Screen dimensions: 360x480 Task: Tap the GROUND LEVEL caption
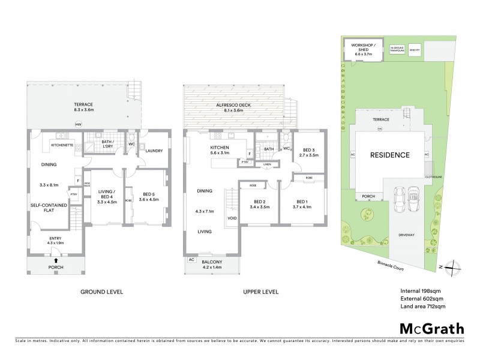(102, 292)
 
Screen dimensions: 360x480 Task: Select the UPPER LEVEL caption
(260, 292)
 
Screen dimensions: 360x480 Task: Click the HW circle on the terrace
(78, 124)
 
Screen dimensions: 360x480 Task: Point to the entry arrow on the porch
(56, 261)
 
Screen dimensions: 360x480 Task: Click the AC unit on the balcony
(191, 260)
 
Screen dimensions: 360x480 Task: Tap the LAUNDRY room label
(154, 151)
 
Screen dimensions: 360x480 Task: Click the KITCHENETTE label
(62, 145)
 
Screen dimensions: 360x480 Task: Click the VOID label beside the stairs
(232, 218)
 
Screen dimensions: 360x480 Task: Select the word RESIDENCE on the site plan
(389, 155)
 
